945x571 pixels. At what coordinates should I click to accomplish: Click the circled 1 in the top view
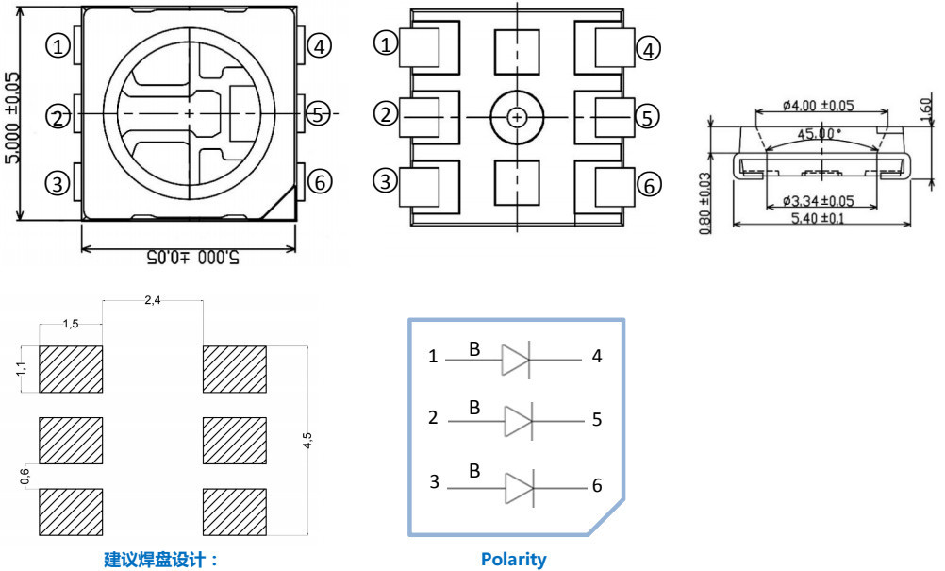click(59, 45)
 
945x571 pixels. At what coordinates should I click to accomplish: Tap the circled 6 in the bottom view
click(648, 185)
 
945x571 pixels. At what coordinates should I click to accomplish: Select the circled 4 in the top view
click(321, 45)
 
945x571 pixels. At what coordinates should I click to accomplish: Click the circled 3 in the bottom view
click(385, 179)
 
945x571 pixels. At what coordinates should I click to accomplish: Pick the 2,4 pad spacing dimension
click(153, 300)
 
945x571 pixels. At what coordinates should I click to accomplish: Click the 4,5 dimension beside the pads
click(307, 442)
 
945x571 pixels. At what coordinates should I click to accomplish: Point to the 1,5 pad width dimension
click(71, 324)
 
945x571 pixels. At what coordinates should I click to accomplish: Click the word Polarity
click(513, 559)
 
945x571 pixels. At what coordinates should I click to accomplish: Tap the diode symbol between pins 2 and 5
click(518, 420)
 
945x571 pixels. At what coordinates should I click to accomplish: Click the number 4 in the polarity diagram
click(597, 357)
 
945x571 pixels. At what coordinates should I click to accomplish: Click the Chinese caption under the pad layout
click(160, 559)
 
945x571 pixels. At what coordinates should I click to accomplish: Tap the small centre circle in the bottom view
click(517, 117)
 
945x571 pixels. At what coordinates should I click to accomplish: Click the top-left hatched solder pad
click(71, 369)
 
